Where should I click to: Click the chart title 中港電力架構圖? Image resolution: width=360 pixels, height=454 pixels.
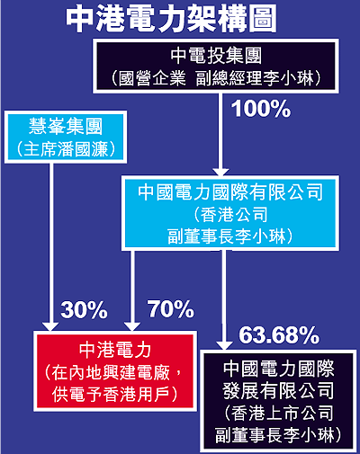coord(171,20)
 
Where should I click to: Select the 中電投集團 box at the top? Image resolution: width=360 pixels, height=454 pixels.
coord(216,66)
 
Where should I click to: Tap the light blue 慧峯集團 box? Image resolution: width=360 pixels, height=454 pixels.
coord(66,137)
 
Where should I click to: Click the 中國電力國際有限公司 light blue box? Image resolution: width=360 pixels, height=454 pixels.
coord(230,213)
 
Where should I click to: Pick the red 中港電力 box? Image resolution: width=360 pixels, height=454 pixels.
coord(115,371)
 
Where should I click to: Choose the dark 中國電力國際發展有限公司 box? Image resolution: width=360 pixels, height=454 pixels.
coord(278,401)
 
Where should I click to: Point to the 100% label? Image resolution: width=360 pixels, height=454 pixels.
coord(261,109)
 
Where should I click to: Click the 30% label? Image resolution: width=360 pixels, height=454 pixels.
coord(84,309)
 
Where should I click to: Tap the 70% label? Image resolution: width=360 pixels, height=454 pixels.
coord(170,309)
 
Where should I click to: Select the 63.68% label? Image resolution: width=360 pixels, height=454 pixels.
coord(279,335)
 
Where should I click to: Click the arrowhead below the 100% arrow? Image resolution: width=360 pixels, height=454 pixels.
coord(220,172)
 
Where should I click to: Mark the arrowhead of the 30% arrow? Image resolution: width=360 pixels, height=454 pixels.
coord(50,326)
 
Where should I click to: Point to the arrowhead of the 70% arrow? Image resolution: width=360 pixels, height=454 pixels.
coord(132,326)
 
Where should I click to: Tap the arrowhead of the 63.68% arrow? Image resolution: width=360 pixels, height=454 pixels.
coord(224,345)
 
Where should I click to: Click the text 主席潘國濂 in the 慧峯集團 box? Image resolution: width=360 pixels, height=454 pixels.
coord(66,149)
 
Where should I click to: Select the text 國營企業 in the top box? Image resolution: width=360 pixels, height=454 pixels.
coord(152,78)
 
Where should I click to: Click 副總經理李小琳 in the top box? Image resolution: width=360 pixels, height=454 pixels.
coord(255,78)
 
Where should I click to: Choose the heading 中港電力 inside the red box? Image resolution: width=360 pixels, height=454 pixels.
coord(115,350)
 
